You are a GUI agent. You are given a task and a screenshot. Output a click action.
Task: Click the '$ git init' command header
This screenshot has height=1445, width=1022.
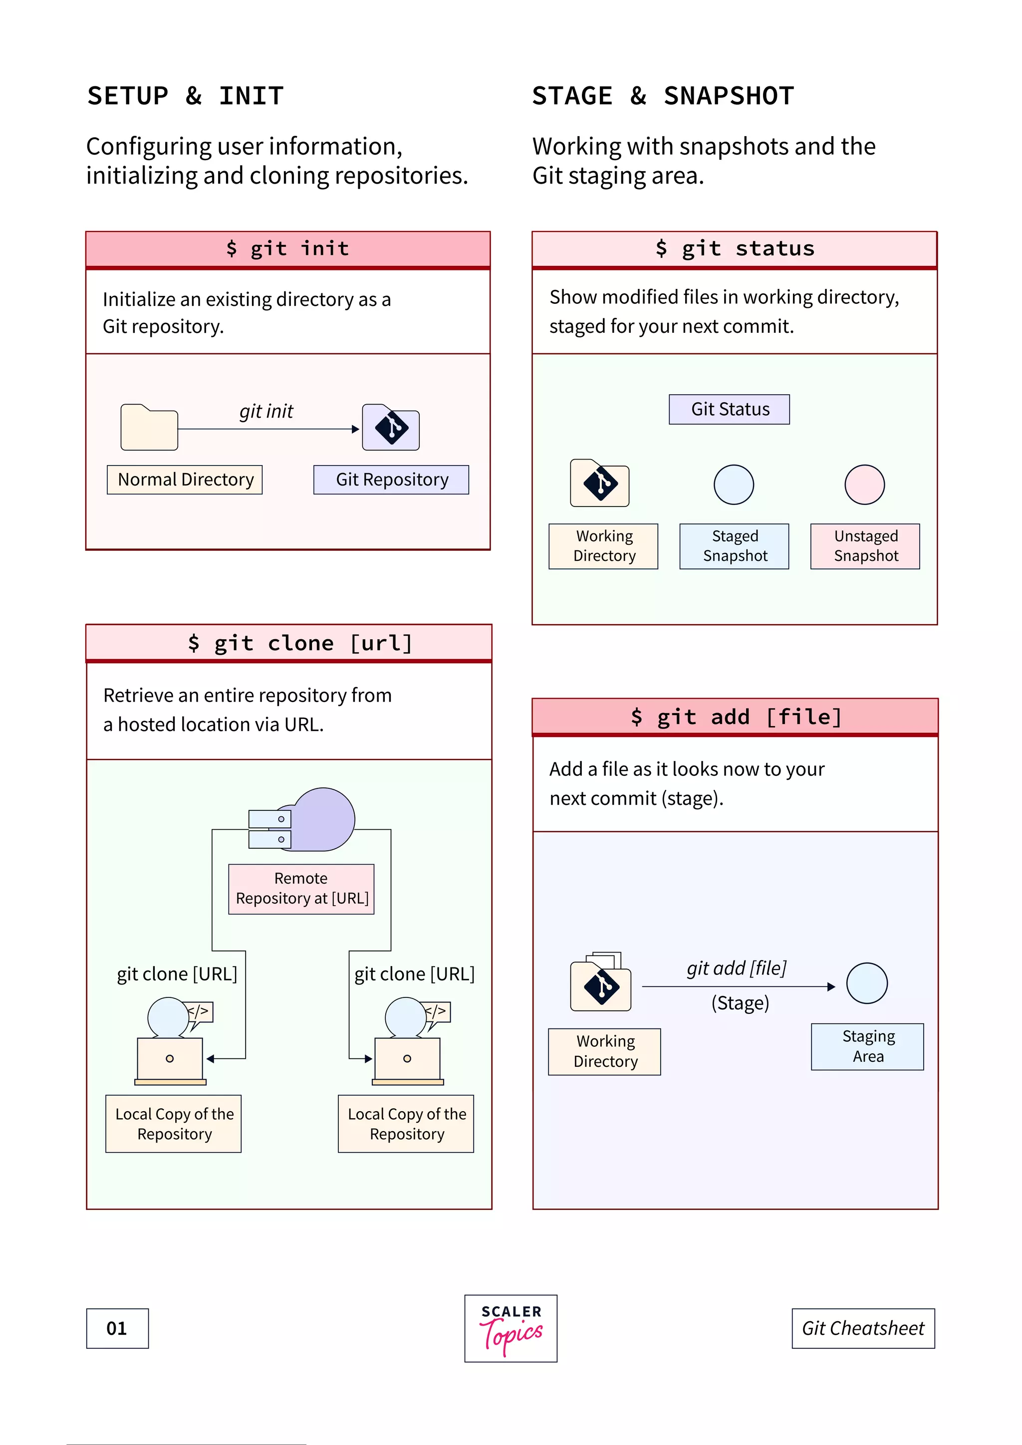pos(287,248)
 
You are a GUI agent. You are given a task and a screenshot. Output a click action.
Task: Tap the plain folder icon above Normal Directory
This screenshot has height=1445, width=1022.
pos(149,428)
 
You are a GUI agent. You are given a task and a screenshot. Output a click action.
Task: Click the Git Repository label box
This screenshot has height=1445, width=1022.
pos(391,480)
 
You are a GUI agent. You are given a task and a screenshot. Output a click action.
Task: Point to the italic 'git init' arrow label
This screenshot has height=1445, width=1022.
pos(265,411)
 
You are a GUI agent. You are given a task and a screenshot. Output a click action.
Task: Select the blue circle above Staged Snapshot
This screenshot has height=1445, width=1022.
pos(733,484)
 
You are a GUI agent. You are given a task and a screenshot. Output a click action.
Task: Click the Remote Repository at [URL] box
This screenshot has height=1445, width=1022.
pos(301,888)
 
